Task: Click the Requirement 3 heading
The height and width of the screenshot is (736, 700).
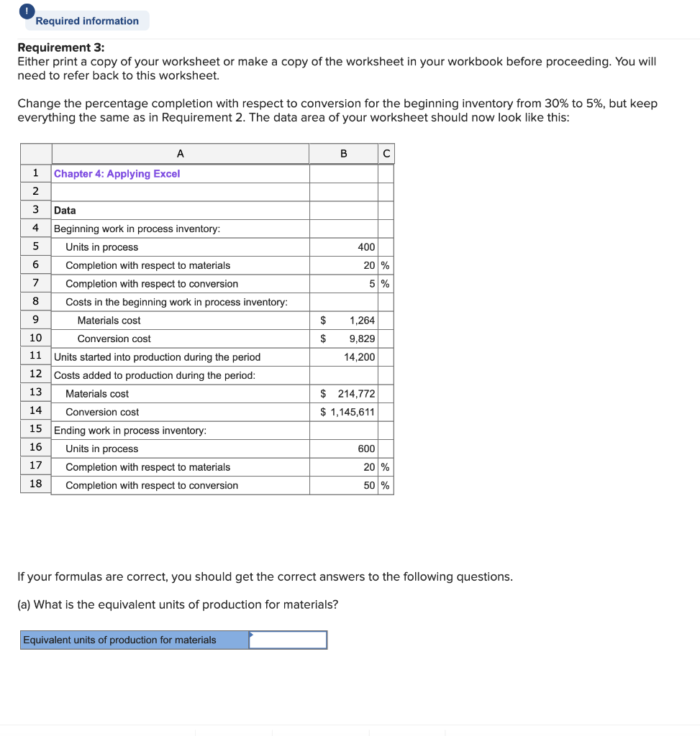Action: pyautogui.click(x=60, y=47)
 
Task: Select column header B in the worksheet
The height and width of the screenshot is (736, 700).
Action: pyautogui.click(x=343, y=153)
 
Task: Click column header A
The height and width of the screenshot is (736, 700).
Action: pyautogui.click(x=180, y=153)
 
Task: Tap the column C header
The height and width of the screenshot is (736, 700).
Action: pyautogui.click(x=386, y=153)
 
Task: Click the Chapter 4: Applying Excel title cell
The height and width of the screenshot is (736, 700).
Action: pyautogui.click(x=117, y=174)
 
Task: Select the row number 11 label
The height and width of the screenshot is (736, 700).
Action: pyautogui.click(x=35, y=356)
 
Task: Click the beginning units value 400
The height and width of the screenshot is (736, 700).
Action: pyautogui.click(x=366, y=247)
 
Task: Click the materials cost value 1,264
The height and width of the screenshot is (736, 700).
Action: pyautogui.click(x=361, y=321)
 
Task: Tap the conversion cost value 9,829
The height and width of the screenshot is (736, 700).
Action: pyautogui.click(x=361, y=339)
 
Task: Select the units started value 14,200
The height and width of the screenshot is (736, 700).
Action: pyautogui.click(x=359, y=357)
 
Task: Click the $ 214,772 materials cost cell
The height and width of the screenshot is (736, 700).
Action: pyautogui.click(x=348, y=394)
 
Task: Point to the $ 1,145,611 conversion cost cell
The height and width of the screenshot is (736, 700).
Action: pyautogui.click(x=347, y=412)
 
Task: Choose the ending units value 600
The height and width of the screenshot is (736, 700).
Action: pyautogui.click(x=366, y=448)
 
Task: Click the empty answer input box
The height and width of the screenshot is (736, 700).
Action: pyautogui.click(x=288, y=640)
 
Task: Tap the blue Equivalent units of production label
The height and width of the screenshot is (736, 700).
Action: pyautogui.click(x=135, y=640)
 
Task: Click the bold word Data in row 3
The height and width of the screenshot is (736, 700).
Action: pyautogui.click(x=65, y=211)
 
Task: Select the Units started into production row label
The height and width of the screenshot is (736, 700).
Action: pyautogui.click(x=158, y=357)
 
